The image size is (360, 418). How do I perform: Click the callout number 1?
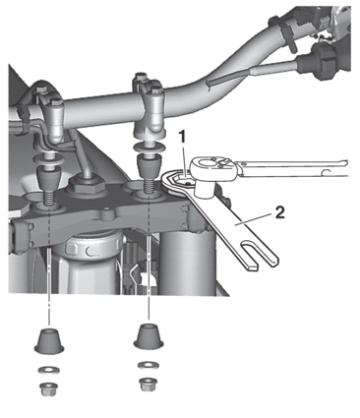(182, 137)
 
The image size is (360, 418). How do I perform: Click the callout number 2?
(279, 213)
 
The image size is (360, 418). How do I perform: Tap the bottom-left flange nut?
(49, 389)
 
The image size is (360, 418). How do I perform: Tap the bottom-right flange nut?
(149, 385)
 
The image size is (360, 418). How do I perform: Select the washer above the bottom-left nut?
(49, 371)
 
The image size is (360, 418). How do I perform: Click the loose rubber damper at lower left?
(49, 341)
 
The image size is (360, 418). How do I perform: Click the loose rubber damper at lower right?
(149, 336)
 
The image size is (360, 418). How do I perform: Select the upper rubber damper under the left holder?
(49, 177)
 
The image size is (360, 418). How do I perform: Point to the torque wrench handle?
(292, 168)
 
